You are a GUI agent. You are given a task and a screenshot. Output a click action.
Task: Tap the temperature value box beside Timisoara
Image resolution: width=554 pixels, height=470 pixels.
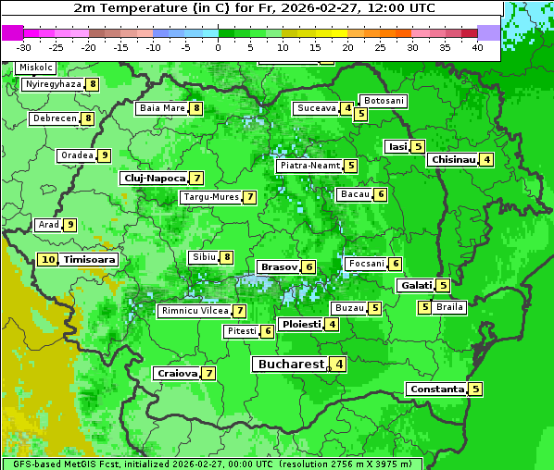coord(48,260)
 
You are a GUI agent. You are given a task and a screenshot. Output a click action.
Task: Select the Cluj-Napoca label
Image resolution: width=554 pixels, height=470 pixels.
coord(154,178)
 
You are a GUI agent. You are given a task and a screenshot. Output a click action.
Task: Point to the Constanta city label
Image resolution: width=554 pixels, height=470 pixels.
coord(435,390)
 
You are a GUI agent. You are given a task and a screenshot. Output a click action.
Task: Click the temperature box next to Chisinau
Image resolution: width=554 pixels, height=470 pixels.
coord(487,159)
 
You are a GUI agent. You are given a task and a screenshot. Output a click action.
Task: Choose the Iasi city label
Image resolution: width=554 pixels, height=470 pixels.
coord(397,146)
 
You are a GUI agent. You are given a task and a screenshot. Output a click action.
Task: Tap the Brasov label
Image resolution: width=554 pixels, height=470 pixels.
coord(278,266)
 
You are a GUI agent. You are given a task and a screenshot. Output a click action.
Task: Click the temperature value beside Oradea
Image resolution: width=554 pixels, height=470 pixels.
coord(105,155)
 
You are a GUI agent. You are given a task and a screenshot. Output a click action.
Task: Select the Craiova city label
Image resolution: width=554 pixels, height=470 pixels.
coord(177,374)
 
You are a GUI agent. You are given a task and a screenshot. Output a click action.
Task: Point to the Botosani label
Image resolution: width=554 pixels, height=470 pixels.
coord(383,101)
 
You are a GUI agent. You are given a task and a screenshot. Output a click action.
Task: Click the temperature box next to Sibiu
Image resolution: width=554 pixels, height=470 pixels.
coord(227,256)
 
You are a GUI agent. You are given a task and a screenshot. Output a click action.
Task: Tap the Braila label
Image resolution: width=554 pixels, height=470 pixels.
coord(449,307)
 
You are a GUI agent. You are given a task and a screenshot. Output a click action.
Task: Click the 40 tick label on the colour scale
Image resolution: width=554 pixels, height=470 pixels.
coord(477,47)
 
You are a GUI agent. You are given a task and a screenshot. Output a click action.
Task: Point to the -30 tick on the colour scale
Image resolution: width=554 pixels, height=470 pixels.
coord(24,47)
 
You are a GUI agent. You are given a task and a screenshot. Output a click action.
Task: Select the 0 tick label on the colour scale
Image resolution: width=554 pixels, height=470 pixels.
coord(218,47)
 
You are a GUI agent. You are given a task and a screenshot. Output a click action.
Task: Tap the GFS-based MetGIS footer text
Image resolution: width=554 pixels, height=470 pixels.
coord(211,464)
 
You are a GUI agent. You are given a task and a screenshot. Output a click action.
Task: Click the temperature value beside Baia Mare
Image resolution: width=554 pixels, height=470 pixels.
coord(196,108)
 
